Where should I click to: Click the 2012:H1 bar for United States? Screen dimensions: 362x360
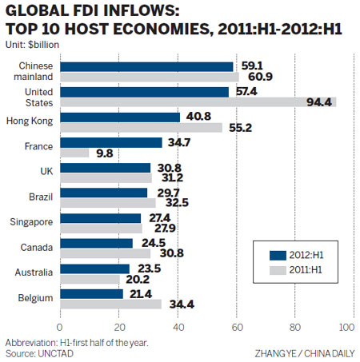(x=144, y=92)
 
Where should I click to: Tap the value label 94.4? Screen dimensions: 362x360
(x=322, y=102)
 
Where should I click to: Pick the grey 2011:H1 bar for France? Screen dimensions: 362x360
(x=74, y=153)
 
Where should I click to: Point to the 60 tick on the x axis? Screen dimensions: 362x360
(x=236, y=327)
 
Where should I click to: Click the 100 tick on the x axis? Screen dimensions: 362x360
(x=347, y=327)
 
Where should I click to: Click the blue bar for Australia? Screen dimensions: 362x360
(x=94, y=269)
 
